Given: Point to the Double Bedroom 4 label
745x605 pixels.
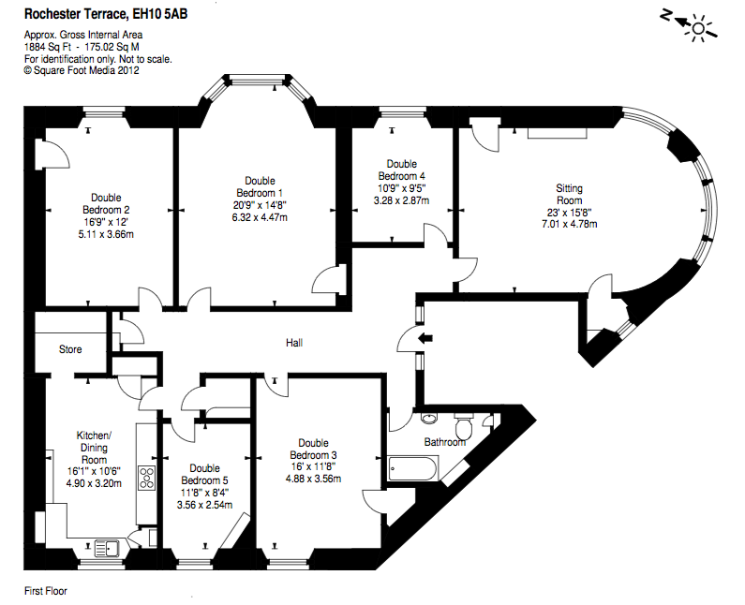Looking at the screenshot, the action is click(x=402, y=170).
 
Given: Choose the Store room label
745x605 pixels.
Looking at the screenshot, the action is click(x=70, y=349).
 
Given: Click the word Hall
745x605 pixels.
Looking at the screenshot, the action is click(x=294, y=344).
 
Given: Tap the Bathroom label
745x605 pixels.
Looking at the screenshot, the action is click(x=444, y=442).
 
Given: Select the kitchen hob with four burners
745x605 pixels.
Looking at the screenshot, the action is click(x=147, y=478).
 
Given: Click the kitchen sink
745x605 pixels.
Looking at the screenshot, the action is click(x=106, y=548).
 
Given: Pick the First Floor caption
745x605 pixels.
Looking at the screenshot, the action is click(x=45, y=591).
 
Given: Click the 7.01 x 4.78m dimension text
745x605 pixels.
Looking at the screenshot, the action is click(x=570, y=225).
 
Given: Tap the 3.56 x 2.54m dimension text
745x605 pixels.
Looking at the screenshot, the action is click(x=204, y=505).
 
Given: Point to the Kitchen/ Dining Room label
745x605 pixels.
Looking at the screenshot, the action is click(x=94, y=447).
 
